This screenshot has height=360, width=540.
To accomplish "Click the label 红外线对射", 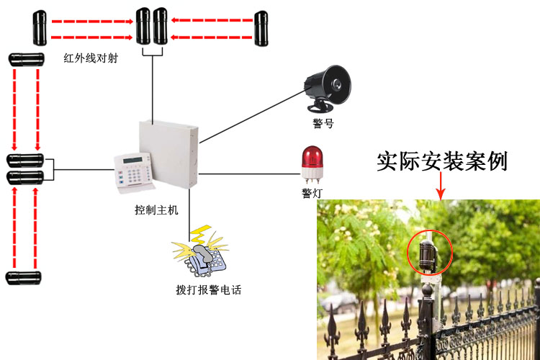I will coord(90,58).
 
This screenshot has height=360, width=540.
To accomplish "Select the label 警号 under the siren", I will coord(323,124).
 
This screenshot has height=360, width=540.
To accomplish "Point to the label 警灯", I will coord(312,193).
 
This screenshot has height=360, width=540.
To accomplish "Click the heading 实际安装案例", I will coord(442,161).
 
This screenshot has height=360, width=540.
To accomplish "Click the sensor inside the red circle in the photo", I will coord(429,253).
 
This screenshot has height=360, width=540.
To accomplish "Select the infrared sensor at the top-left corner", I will coord(37,27).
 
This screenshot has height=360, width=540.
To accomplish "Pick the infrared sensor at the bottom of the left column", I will coord(24,277).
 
